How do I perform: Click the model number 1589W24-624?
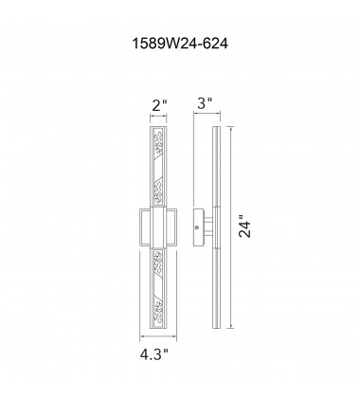pos(179,42)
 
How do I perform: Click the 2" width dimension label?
pos(157,105)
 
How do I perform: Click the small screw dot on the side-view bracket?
pos(197,228)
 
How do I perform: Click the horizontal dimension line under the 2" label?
pos(157,118)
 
